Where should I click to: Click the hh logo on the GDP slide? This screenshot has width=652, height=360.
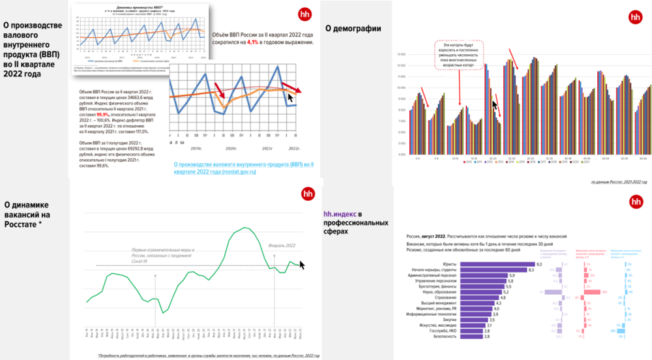tap(304, 14)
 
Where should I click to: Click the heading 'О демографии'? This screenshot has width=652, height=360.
tap(353, 28)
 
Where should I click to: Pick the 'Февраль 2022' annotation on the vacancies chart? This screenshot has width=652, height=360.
tap(281, 245)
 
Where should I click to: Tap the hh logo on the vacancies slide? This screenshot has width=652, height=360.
tap(306, 194)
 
